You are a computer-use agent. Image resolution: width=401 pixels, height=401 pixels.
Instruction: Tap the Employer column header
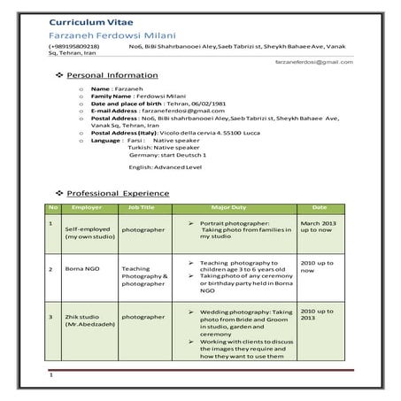(87, 206)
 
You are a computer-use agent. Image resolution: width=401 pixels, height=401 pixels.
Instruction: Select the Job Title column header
(142, 206)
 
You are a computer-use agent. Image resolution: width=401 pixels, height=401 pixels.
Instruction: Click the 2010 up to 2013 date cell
(318, 316)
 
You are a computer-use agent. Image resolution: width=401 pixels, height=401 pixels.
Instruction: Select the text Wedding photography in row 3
(235, 312)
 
